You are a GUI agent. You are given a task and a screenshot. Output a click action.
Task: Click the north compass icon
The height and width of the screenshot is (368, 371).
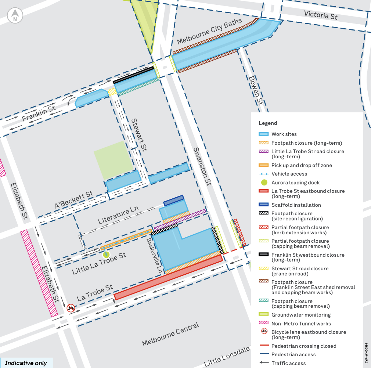coord(15,15)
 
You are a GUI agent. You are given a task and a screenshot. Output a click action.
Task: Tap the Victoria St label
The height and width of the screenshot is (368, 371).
coord(321,15)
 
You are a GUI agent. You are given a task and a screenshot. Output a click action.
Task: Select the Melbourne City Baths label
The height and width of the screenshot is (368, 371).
coord(209,32)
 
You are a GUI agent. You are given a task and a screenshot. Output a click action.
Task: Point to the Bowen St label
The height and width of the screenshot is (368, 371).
coord(256,90)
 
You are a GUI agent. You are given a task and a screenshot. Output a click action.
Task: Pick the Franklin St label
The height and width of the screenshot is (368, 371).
coord(39,113)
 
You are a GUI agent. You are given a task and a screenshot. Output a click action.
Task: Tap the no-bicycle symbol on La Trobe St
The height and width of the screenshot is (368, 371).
coord(71,308)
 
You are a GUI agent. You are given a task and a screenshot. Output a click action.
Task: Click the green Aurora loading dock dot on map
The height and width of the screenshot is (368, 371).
coord(106,254)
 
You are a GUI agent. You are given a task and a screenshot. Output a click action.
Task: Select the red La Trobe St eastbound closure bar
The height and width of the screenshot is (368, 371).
coord(168,278)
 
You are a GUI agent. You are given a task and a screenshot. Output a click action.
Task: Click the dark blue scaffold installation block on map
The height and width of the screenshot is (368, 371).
coord(173,200)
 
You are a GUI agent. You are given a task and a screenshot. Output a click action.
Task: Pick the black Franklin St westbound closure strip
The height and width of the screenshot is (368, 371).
coord(133,75)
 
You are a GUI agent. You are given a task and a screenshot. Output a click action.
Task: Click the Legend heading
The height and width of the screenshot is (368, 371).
coord(268,123)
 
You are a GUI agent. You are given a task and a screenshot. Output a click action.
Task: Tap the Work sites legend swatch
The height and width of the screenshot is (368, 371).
coord(264,134)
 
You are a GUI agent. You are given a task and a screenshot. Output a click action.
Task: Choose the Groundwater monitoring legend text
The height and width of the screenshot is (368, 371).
coord(301,315)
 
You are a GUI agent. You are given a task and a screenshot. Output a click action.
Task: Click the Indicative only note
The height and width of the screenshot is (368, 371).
coord(26,363)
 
